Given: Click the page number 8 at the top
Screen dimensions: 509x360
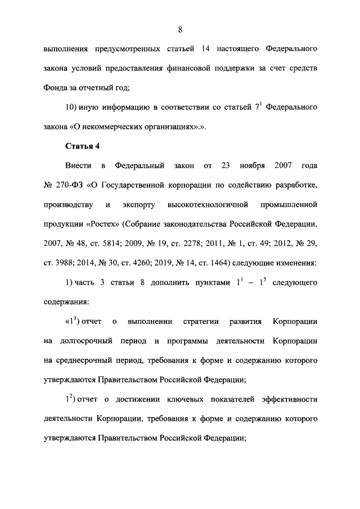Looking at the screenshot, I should (x=179, y=29).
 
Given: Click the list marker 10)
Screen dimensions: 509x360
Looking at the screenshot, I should (x=73, y=107).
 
